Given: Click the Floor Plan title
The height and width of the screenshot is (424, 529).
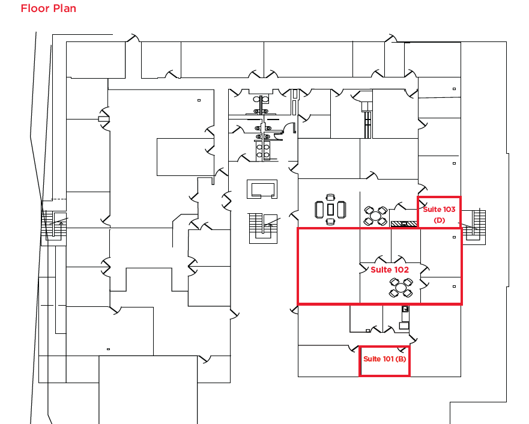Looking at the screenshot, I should pyautogui.click(x=48, y=8).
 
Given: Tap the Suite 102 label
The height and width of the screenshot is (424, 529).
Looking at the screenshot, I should pyautogui.click(x=390, y=270).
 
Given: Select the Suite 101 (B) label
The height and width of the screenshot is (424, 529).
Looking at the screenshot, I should pyautogui.click(x=385, y=359).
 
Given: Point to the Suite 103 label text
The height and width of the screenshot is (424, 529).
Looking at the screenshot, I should pyautogui.click(x=439, y=210).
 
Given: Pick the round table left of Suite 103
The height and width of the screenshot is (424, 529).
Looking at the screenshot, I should pyautogui.click(x=375, y=215).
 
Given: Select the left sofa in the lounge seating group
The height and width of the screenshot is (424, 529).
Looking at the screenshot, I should pyautogui.click(x=319, y=210).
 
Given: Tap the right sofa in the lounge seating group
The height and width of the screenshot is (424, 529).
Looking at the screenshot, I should pyautogui.click(x=341, y=210).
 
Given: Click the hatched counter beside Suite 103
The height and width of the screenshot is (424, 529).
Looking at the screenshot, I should pyautogui.click(x=404, y=224).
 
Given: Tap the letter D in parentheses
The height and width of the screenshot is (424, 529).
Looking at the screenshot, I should pyautogui.click(x=439, y=220).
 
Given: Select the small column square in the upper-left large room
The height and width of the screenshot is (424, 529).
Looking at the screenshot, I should pyautogui.click(x=199, y=100).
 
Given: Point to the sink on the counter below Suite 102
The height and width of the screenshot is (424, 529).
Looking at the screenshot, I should pyautogui.click(x=405, y=310).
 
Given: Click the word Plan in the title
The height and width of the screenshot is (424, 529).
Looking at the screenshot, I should pyautogui.click(x=64, y=8).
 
